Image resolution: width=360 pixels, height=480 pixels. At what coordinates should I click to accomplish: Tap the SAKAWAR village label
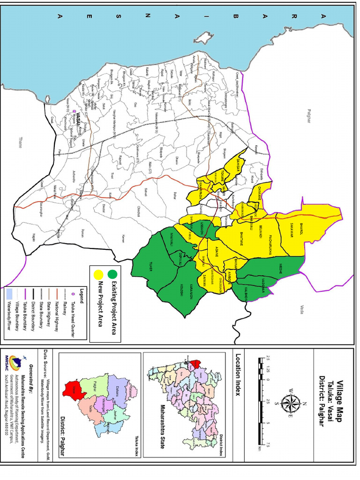291,231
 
